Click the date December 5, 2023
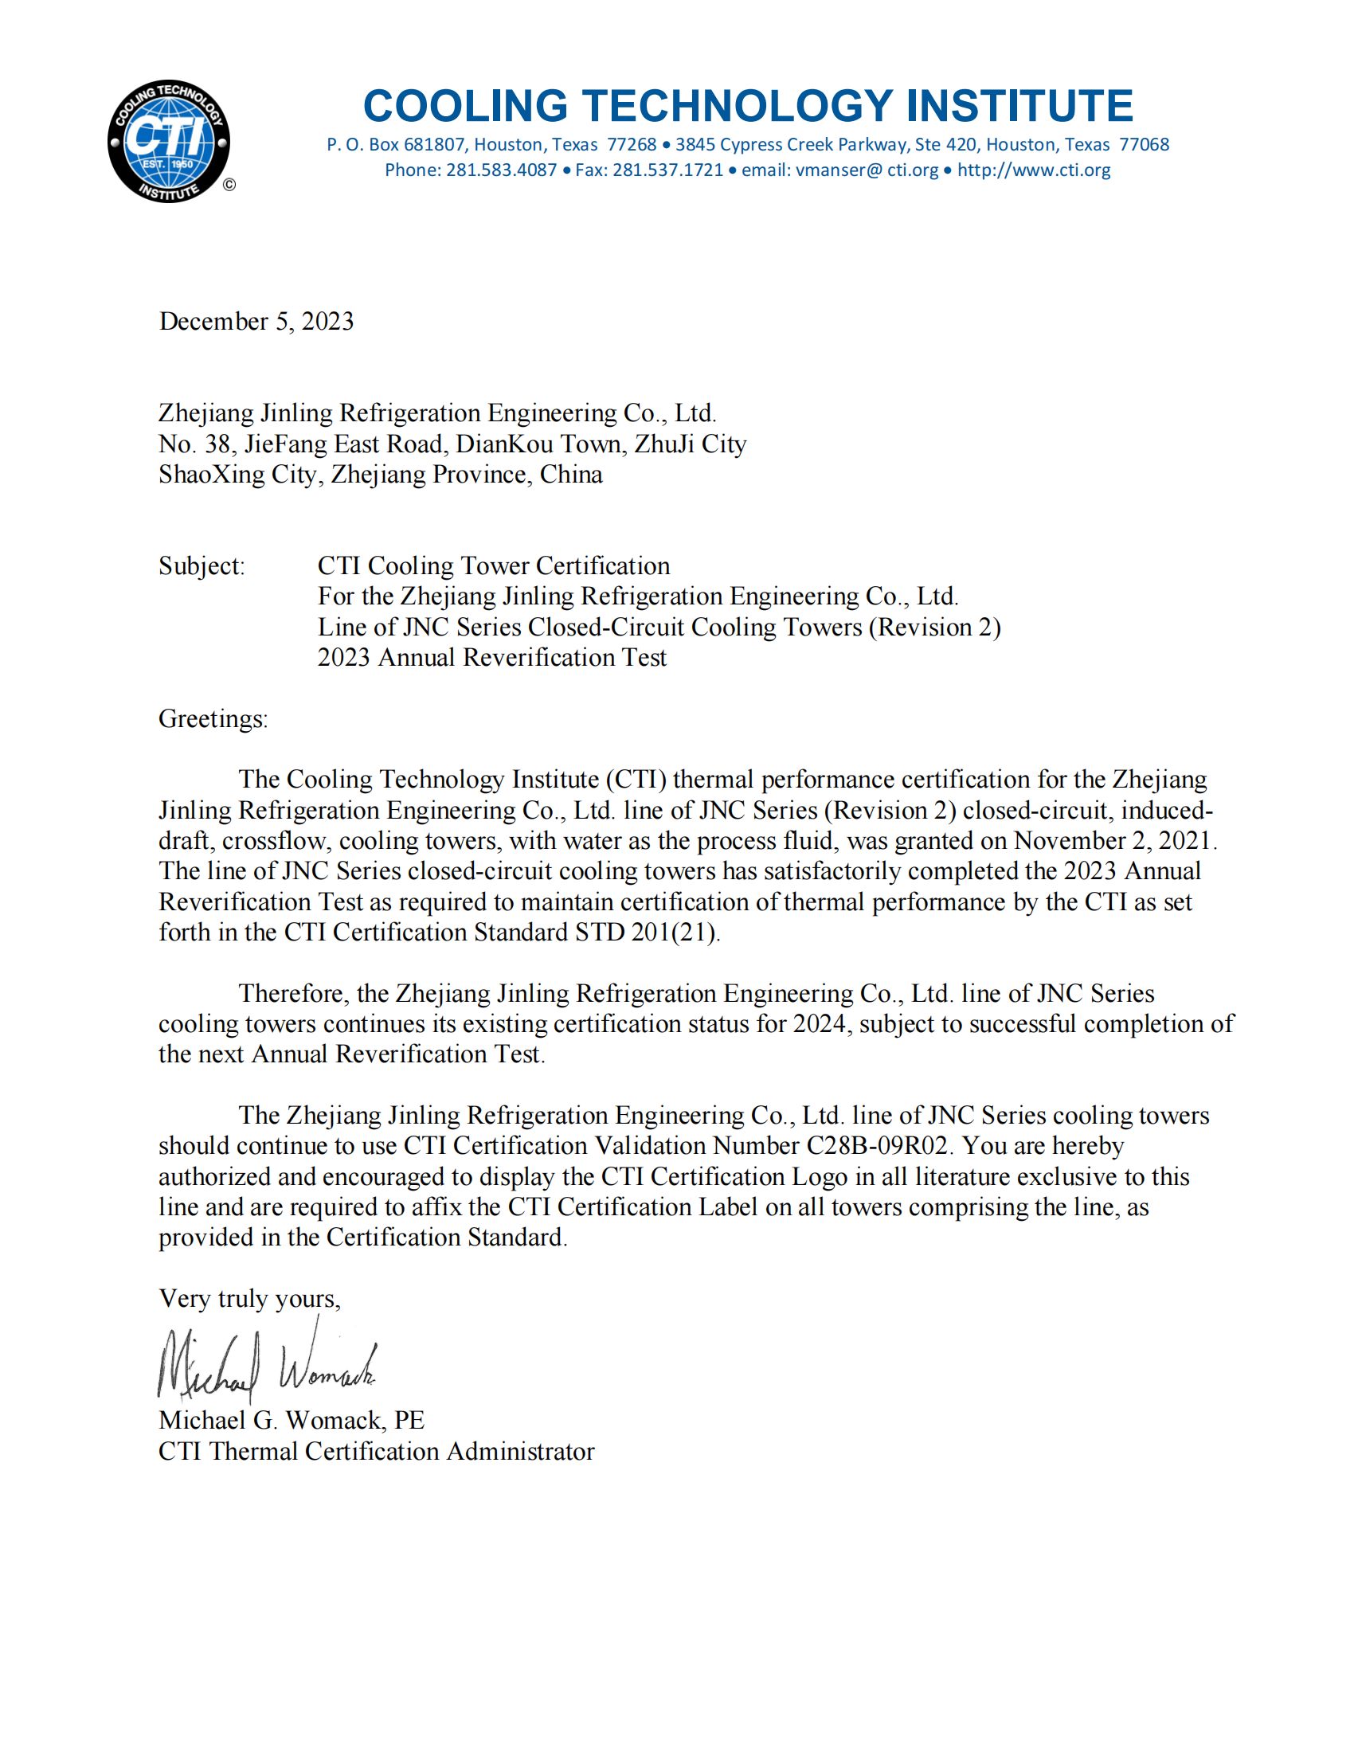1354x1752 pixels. (x=256, y=321)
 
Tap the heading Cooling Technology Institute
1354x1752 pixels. (x=748, y=106)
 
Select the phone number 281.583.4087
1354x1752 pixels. (x=501, y=170)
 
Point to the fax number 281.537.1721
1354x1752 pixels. (x=668, y=170)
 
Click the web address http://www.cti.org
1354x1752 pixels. (x=1034, y=170)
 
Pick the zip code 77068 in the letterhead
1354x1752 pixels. (x=1145, y=144)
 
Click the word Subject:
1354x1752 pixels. (x=202, y=565)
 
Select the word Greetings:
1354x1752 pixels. (x=213, y=718)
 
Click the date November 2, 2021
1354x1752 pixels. (x=1115, y=841)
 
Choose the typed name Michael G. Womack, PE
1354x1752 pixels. (x=292, y=1421)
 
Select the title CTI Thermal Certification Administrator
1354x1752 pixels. (x=376, y=1451)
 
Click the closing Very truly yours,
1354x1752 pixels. (x=249, y=1299)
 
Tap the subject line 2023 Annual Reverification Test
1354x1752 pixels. (x=491, y=657)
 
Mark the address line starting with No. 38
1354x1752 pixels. (x=452, y=444)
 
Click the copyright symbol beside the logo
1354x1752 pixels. (x=229, y=186)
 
